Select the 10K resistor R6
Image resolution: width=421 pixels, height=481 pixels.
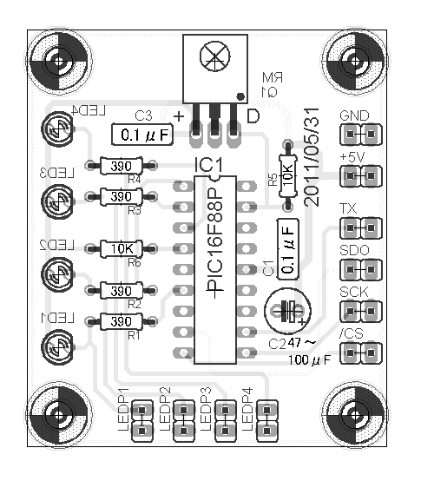[127, 249]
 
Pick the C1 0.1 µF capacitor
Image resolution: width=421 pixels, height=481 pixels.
[287, 248]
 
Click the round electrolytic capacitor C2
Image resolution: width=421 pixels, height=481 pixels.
[288, 310]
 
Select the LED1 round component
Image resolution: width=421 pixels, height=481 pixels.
[58, 346]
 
